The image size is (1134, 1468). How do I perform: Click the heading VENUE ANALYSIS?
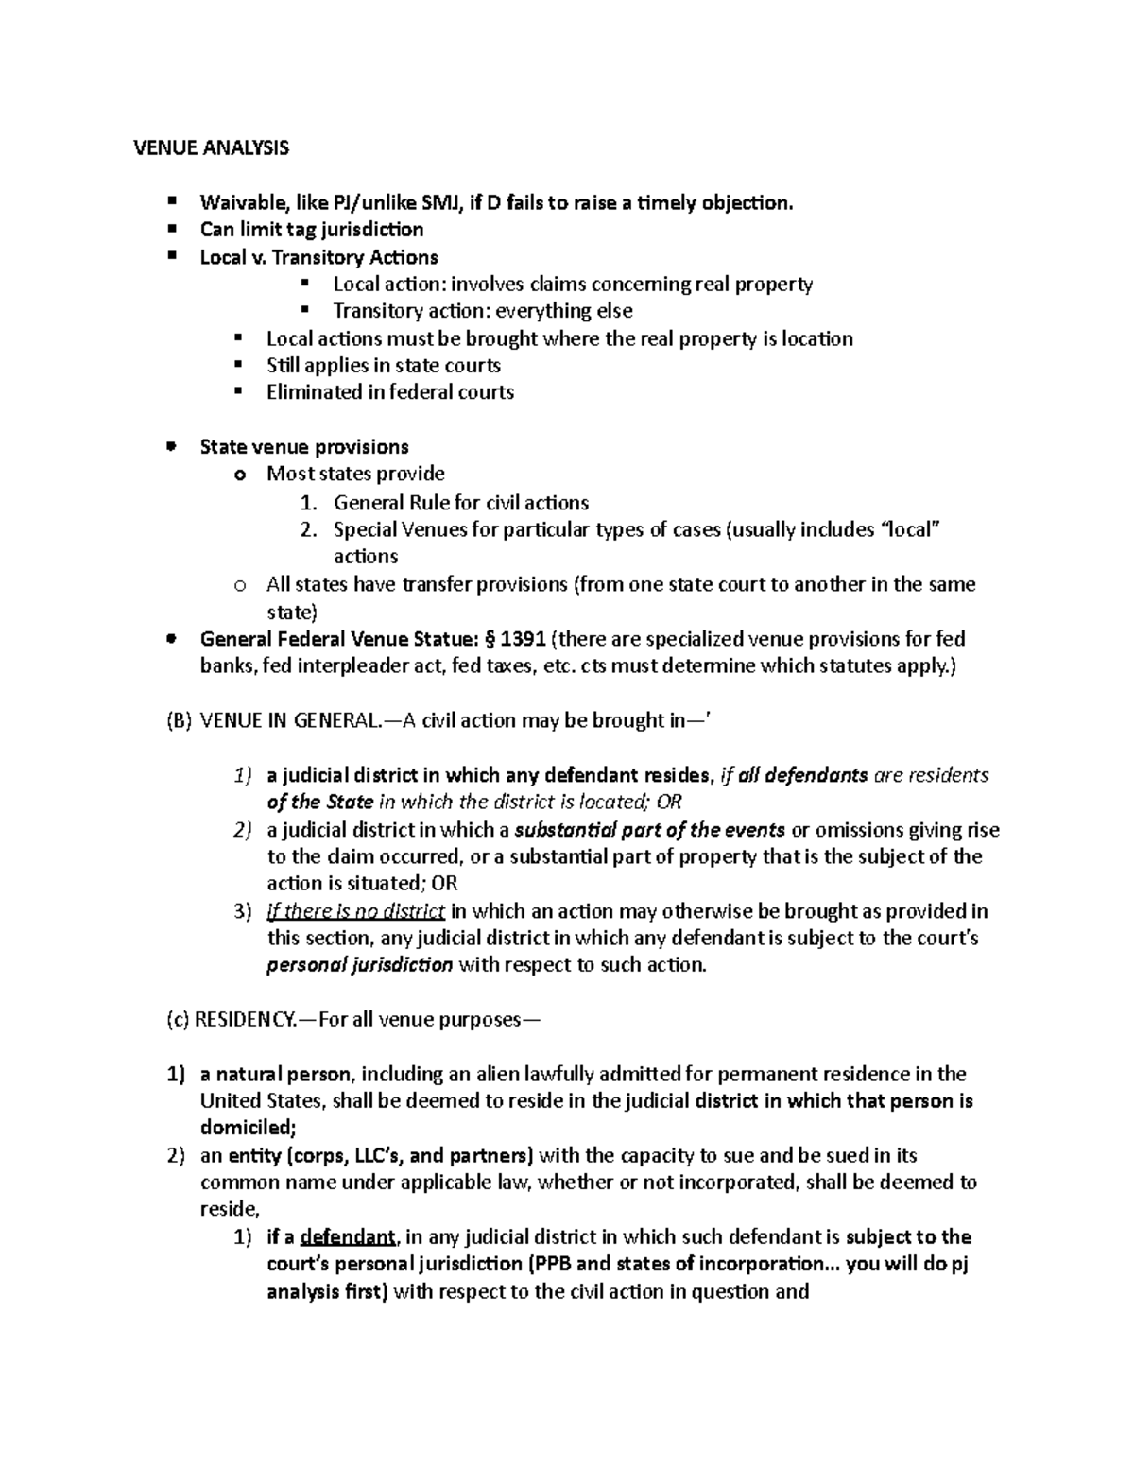pyautogui.click(x=210, y=147)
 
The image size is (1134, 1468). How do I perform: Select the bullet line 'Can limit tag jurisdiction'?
pyautogui.click(x=311, y=230)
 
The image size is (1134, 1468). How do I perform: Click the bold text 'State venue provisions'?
pyautogui.click(x=304, y=447)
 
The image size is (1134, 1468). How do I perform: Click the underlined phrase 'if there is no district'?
pyautogui.click(x=355, y=912)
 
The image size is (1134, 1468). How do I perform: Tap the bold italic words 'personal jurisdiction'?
pyautogui.click(x=360, y=966)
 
